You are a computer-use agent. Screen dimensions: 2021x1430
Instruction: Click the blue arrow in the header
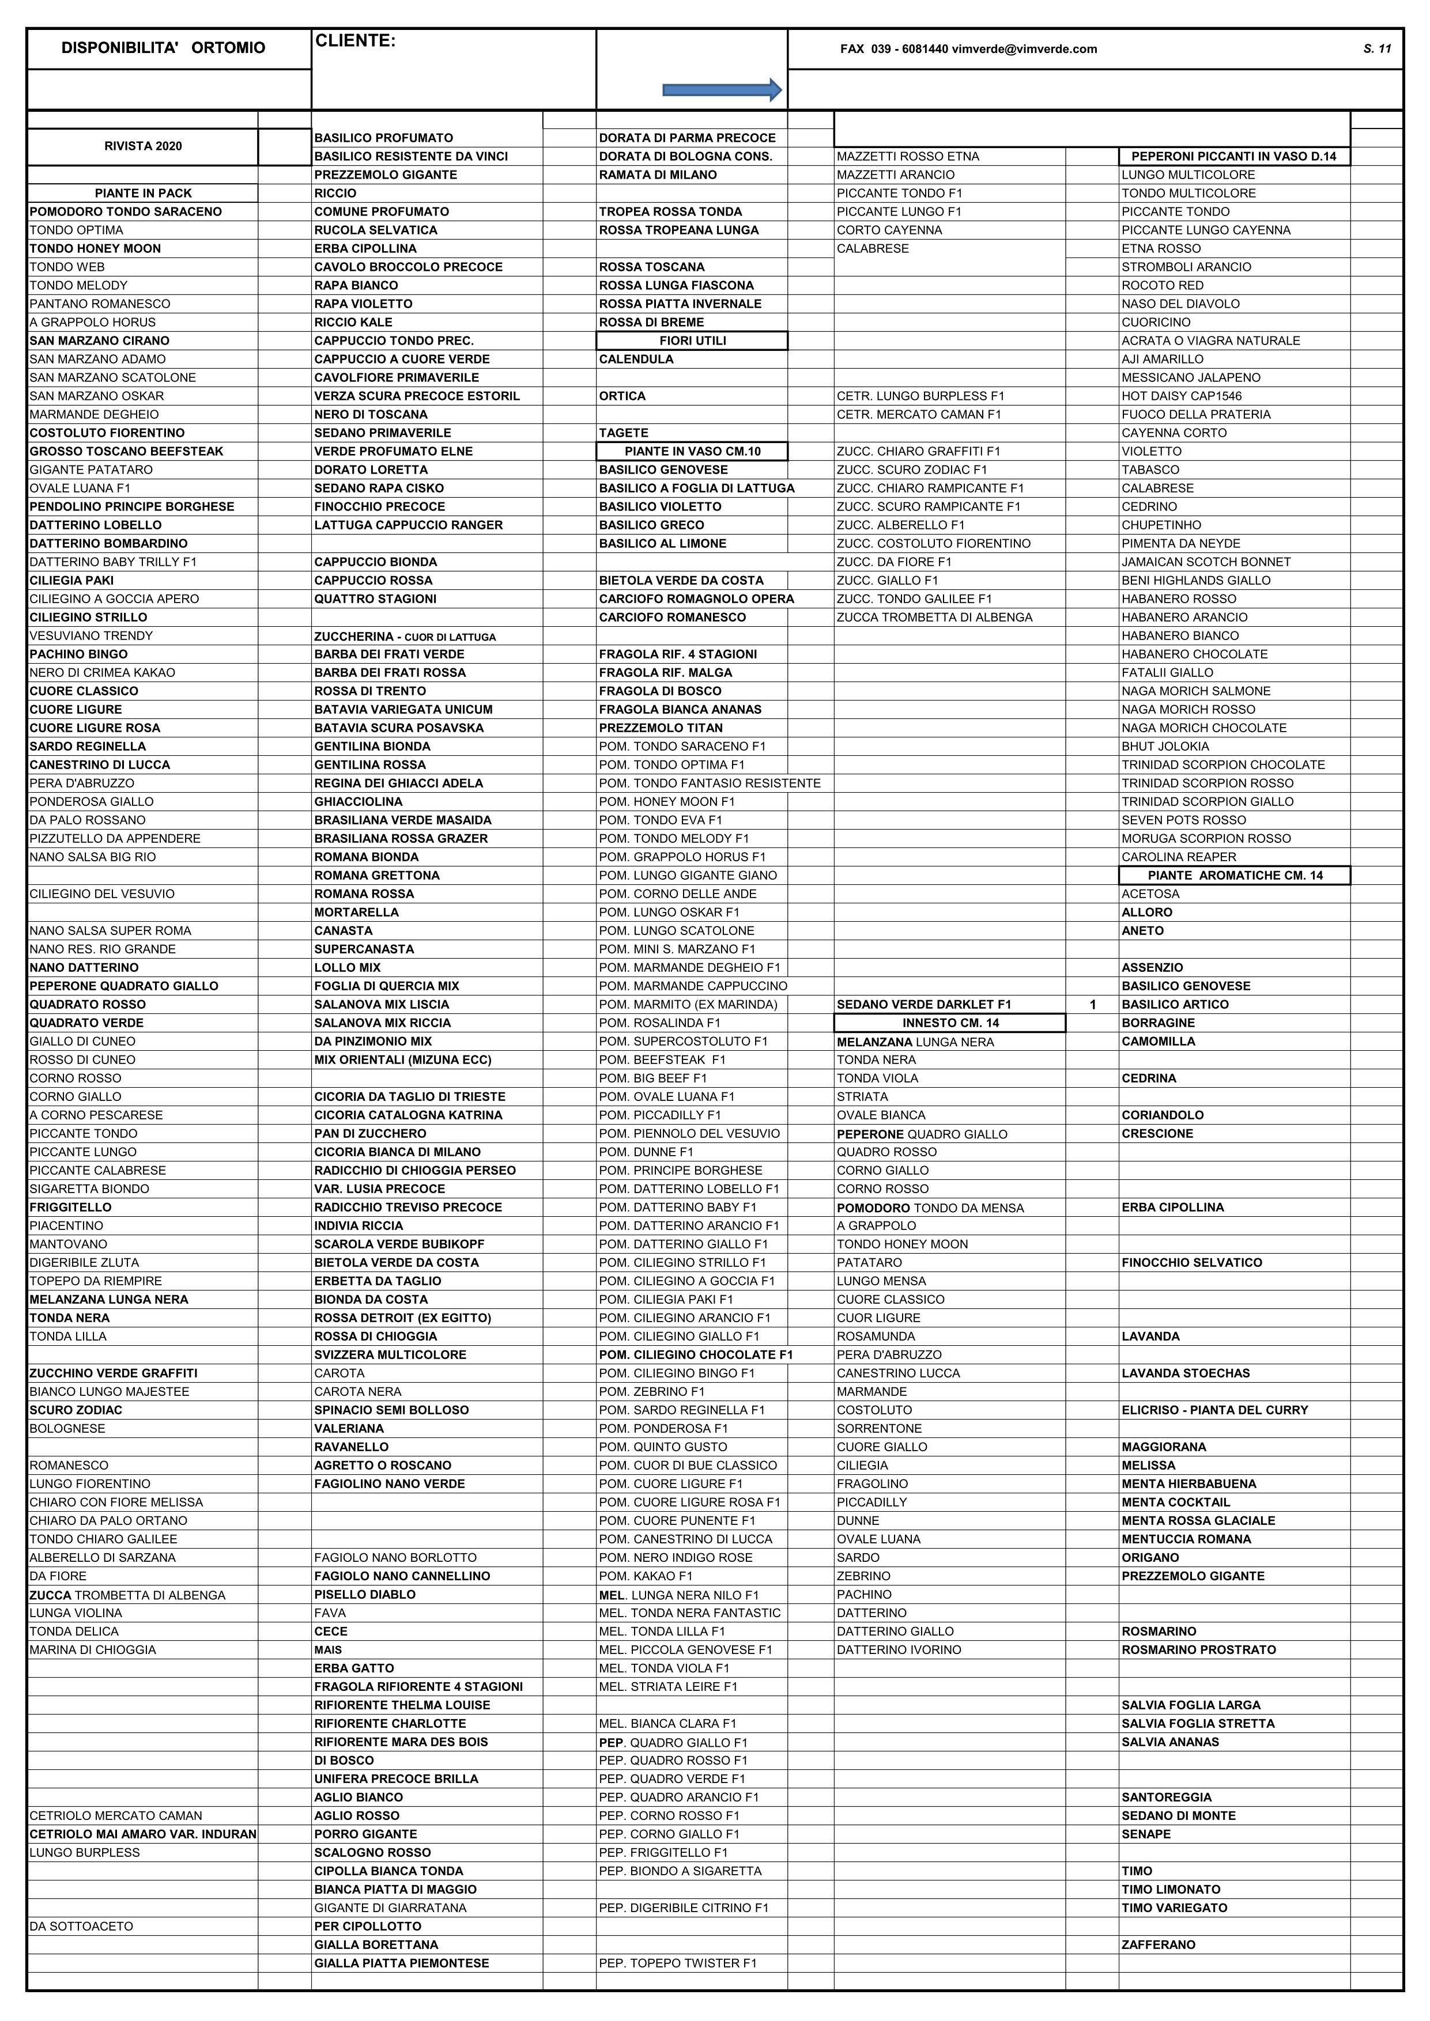722,89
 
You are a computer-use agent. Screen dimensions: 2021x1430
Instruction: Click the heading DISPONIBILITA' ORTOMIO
163,48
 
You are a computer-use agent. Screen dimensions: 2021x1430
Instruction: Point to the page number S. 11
1376,48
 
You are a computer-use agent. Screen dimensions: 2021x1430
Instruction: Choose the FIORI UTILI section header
692,340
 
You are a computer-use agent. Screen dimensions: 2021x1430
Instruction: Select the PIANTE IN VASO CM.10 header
692,452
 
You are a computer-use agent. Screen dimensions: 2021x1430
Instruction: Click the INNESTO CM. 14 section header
950,1023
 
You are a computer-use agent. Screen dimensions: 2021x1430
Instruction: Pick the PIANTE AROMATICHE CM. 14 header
1235,875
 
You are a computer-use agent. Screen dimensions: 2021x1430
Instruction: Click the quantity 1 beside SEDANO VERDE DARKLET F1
1093,1004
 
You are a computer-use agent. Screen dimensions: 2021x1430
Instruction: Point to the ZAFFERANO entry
1158,1944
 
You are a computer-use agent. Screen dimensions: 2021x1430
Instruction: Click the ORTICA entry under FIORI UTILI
622,396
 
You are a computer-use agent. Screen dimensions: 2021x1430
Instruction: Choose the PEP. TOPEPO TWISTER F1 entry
677,1963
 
